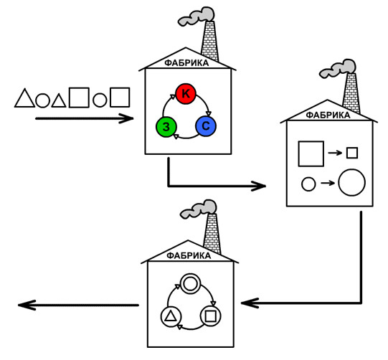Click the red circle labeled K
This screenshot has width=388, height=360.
[x=186, y=94]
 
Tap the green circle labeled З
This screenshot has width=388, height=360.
[x=166, y=126]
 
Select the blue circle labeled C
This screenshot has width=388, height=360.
[x=206, y=126]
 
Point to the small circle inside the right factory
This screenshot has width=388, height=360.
[x=308, y=184]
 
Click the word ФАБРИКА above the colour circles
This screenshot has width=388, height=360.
[x=186, y=63]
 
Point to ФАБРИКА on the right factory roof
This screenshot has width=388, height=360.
[x=328, y=115]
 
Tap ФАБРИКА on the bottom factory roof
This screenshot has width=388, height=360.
[x=189, y=255]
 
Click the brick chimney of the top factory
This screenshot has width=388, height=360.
[x=210, y=41]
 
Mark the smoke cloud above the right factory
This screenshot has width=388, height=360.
[x=338, y=69]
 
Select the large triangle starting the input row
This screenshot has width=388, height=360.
[x=24, y=98]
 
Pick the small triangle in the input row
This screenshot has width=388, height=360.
[x=59, y=101]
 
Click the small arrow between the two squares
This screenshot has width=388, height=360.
[x=335, y=153]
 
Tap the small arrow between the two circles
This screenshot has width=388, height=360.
[x=328, y=183]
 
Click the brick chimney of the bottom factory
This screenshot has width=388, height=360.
[x=212, y=234]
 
